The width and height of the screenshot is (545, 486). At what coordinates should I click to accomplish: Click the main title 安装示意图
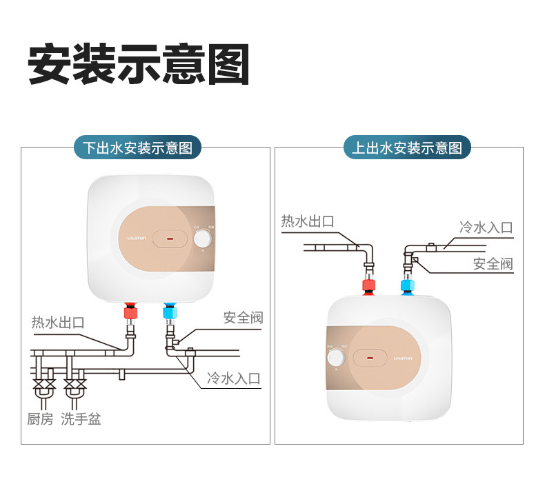click(x=138, y=65)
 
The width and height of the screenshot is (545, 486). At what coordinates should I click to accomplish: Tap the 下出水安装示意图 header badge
click(x=138, y=148)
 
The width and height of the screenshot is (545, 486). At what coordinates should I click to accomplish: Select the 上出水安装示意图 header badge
click(x=407, y=148)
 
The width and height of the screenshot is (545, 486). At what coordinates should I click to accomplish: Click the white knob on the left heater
click(x=203, y=239)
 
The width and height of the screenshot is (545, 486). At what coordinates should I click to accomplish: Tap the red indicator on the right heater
click(x=370, y=358)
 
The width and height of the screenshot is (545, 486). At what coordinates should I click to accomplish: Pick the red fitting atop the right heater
click(x=370, y=286)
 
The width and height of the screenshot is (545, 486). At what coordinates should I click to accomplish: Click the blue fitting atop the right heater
click(x=407, y=286)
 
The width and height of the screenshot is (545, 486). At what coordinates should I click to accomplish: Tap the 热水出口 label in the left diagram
click(x=58, y=322)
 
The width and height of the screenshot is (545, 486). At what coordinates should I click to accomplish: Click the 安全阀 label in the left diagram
click(x=243, y=318)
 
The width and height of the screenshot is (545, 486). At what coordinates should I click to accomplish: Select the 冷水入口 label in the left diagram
click(x=233, y=378)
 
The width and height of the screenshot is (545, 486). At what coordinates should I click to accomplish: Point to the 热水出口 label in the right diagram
click(x=308, y=221)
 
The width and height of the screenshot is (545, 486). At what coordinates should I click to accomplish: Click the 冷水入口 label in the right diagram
click(x=486, y=227)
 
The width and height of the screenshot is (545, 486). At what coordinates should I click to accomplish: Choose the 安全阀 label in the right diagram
click(x=493, y=263)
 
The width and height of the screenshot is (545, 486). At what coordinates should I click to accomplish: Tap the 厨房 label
click(x=40, y=418)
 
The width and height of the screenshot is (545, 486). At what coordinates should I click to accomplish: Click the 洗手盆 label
click(x=81, y=418)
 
